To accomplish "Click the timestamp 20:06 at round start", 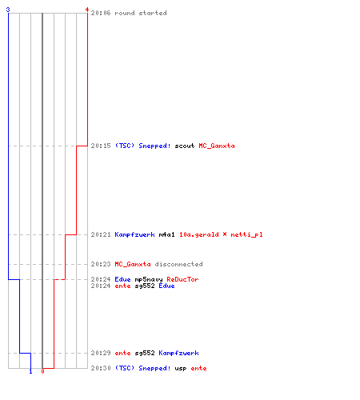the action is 101,13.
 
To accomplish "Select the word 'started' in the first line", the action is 153,13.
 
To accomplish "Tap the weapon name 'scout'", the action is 185,146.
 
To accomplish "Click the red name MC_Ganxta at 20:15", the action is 217,146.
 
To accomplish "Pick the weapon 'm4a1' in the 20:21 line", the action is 166,234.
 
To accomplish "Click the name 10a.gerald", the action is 199,234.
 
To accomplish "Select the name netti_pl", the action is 246,234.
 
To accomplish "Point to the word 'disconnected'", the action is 178,264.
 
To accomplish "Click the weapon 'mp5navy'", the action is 149,279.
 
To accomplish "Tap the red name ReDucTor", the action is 182,279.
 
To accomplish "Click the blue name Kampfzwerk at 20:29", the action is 178,353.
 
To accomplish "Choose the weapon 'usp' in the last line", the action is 181,369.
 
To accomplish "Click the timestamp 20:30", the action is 101,368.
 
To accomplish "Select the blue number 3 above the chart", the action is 8,10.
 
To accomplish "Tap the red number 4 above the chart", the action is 86,10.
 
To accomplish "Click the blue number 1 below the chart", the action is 30,371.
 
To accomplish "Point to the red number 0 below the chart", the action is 42,371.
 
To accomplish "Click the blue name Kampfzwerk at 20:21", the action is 134,234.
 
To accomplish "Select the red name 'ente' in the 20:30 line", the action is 198,368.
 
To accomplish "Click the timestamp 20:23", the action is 101,264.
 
